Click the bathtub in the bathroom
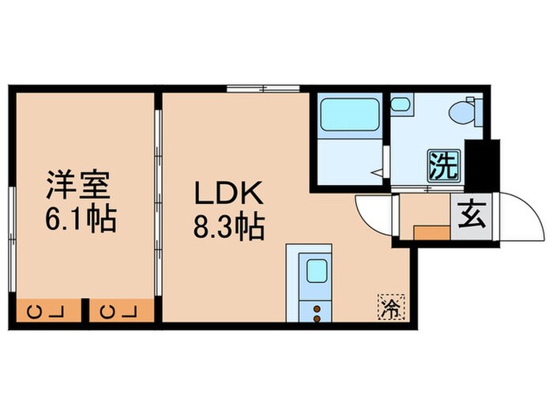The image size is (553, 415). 348,115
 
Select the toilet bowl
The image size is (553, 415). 465,112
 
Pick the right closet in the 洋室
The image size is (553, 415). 118,310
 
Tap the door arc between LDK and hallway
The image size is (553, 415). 372,213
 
